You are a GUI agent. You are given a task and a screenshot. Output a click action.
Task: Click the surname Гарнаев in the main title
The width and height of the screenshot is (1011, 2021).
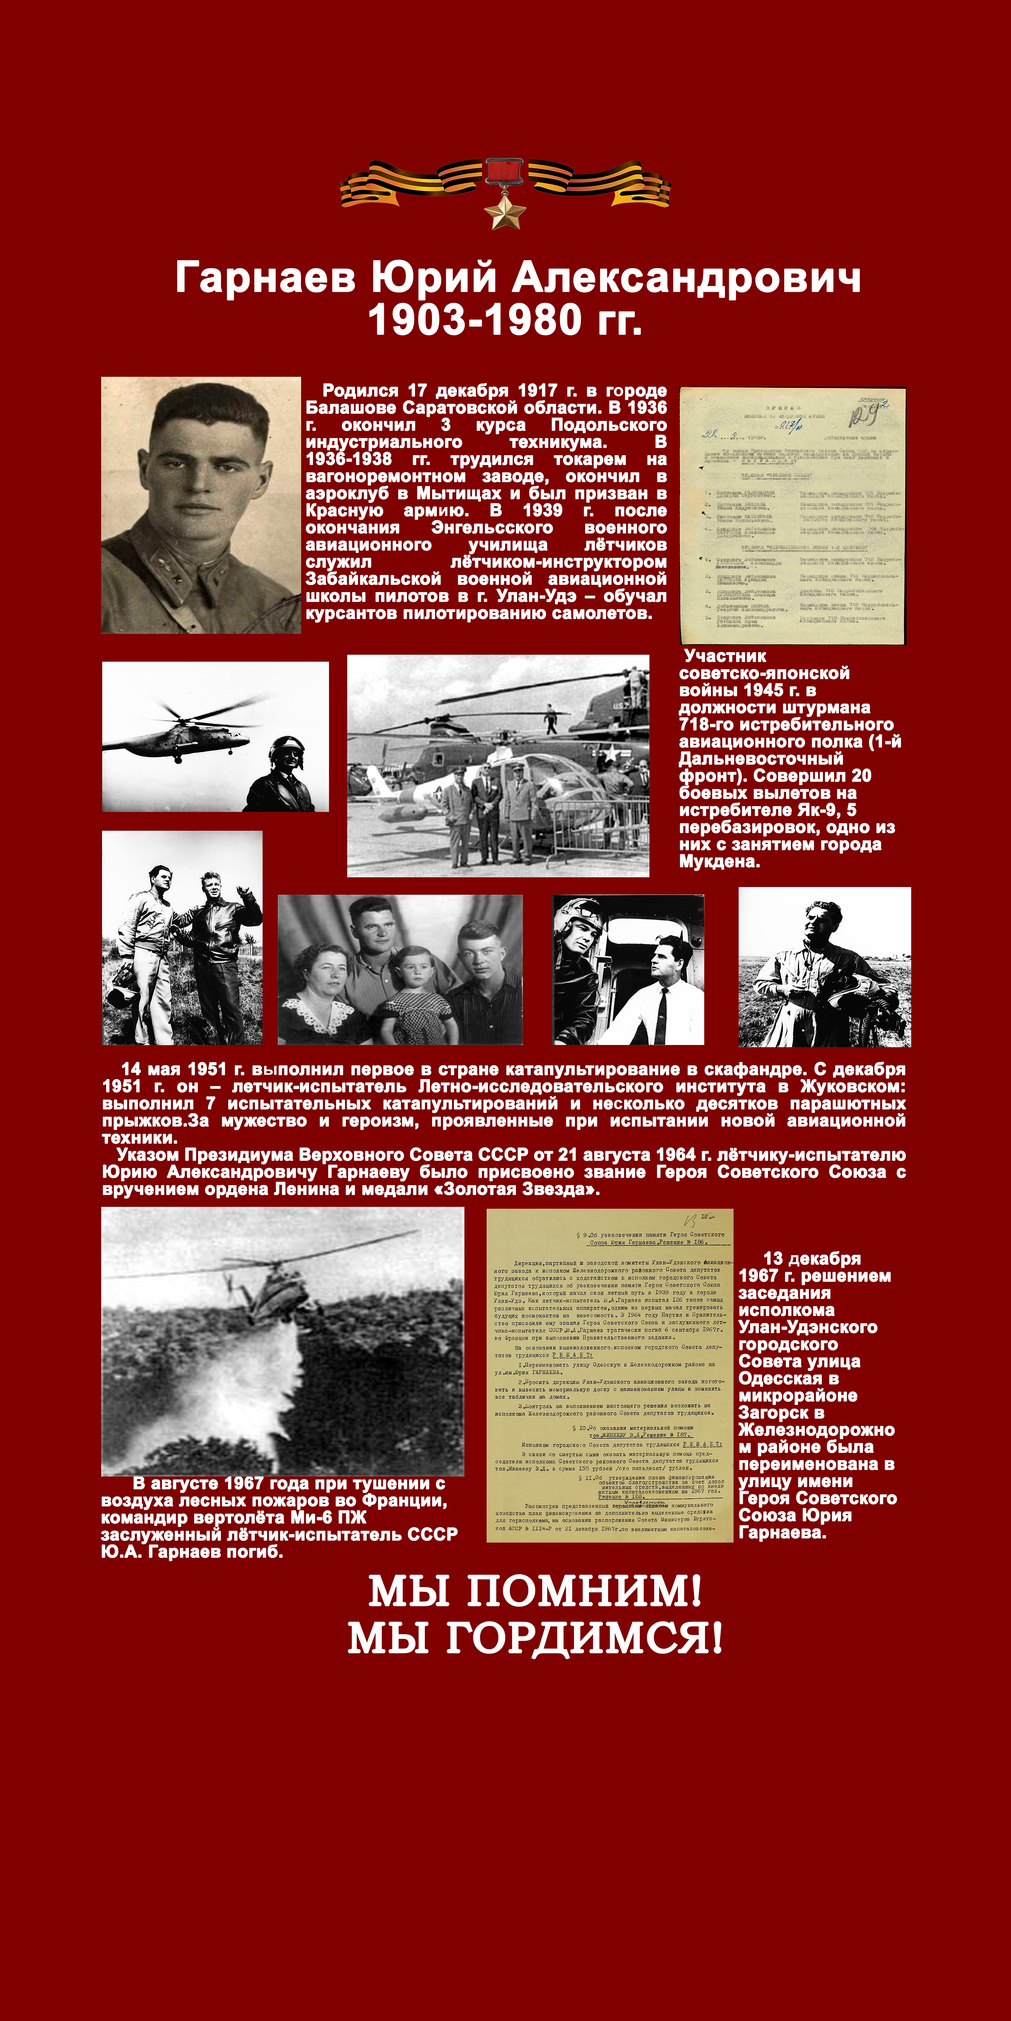coord(265,278)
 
